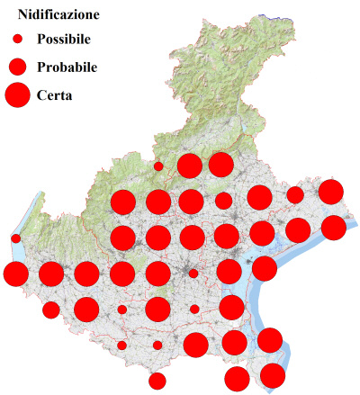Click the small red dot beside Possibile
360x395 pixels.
[17, 40]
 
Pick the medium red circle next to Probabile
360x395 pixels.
[17, 67]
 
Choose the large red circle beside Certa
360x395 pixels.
[17, 94]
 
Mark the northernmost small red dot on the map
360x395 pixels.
[158, 166]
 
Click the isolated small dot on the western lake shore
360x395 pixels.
[16, 238]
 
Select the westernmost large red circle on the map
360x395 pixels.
[15, 274]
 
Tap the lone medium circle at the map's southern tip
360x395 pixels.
[157, 381]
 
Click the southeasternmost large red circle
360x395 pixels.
[273, 375]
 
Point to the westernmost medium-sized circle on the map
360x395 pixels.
[51, 310]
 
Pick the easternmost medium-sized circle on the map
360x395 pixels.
[295, 195]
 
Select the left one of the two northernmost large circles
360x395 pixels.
[189, 166]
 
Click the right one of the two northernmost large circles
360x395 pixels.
[220, 165]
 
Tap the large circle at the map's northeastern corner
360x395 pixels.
[330, 191]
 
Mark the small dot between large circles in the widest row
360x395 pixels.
[193, 273]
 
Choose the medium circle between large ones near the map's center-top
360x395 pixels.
[223, 201]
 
